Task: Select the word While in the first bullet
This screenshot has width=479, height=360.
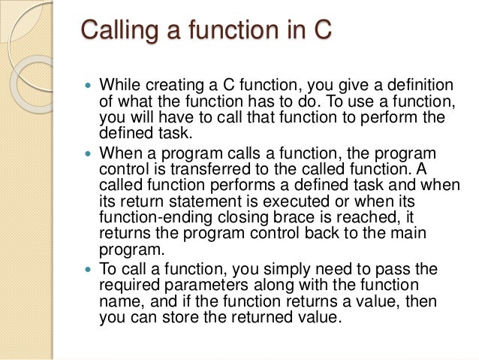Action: (119, 84)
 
